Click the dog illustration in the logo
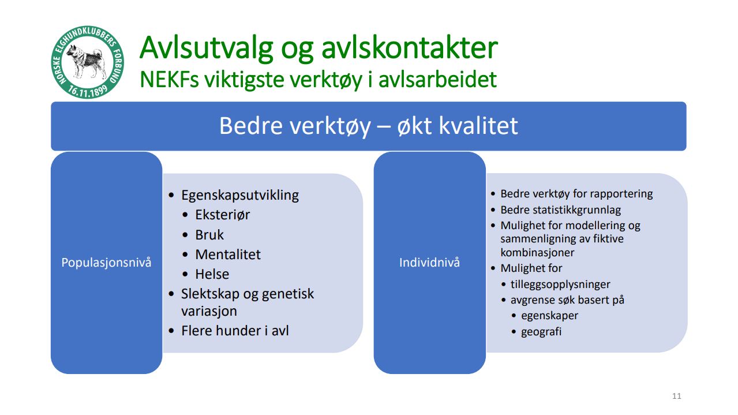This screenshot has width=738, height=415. coord(87,61)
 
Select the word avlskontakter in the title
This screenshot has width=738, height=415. coord(409,48)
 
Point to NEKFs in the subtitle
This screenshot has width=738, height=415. coord(169,80)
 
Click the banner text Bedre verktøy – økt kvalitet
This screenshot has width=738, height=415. coord(368,126)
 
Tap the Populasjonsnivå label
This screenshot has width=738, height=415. coord(106,263)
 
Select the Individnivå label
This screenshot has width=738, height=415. coord(429,263)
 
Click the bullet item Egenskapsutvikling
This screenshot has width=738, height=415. coord(240,195)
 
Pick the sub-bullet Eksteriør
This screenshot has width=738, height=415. coord(222,215)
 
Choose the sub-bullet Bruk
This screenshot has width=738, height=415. coord(209,235)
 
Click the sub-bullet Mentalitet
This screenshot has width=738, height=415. coord(228,255)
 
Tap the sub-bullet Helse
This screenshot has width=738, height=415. coord(212,274)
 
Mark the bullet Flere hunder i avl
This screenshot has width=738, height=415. coord(235,331)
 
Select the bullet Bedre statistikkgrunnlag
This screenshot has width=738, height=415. coord(560,210)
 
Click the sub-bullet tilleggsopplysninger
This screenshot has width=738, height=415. coord(560,284)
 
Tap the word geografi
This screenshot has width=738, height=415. coord(541,332)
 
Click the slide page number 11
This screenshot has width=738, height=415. coord(676,396)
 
